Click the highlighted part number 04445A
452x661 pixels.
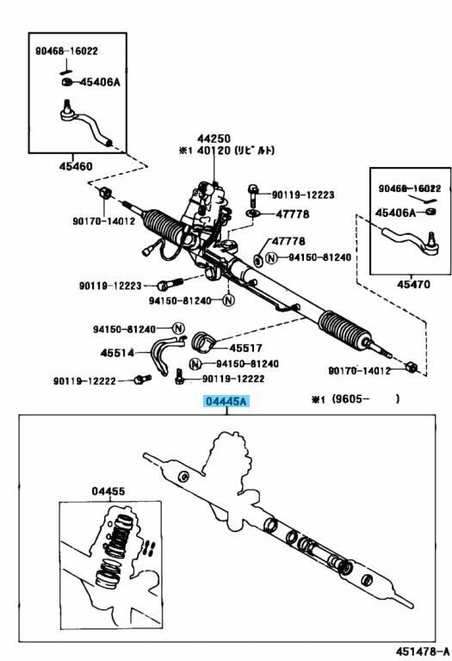point(226,401)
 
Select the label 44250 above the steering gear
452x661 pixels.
point(214,139)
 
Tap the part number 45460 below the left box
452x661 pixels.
point(76,166)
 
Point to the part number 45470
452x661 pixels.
point(413,284)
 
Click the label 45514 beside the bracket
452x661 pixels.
point(117,352)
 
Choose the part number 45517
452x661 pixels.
point(246,349)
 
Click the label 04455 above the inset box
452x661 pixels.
point(108,491)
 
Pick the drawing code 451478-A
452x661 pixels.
point(423,652)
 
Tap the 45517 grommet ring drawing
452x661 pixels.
point(204,342)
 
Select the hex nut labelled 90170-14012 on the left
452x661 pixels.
point(105,193)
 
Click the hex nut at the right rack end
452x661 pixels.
point(411,367)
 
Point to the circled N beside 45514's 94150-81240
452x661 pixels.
point(178,329)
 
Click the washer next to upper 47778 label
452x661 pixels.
point(252,213)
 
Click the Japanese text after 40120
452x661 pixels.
point(254,150)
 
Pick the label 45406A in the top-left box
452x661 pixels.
point(100,82)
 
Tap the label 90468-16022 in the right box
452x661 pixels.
point(410,188)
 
